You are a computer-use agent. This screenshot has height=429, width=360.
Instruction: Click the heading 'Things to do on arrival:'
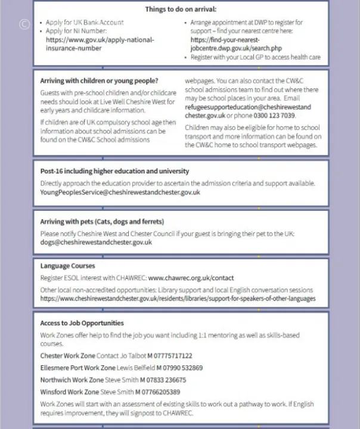pyautogui.click(x=181, y=10)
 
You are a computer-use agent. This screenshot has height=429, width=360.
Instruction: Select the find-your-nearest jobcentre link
pyautogui.click(x=236, y=44)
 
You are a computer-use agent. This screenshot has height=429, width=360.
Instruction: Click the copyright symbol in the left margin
pyautogui.click(x=24, y=24)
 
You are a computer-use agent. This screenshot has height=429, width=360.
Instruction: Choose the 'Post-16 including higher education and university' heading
pyautogui.click(x=114, y=172)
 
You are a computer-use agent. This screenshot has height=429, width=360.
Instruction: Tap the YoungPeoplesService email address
pyautogui.click(x=120, y=192)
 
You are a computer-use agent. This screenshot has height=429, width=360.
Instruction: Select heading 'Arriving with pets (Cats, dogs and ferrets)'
pyautogui.click(x=102, y=222)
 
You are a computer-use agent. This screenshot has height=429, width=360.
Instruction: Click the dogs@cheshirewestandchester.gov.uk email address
pyautogui.click(x=96, y=243)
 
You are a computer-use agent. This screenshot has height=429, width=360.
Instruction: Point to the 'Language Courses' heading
pyautogui.click(x=67, y=266)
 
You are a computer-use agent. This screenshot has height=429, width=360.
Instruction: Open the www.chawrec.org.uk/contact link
pyautogui.click(x=191, y=278)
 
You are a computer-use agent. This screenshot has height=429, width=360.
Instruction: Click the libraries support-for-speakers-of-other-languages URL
pyautogui.click(x=178, y=299)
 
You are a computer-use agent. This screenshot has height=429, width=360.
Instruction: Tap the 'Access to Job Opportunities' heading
pyautogui.click(x=82, y=324)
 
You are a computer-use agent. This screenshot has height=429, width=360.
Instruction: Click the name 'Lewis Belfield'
pyautogui.click(x=136, y=368)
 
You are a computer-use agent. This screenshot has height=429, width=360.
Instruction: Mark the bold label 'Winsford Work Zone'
pyautogui.click(x=69, y=392)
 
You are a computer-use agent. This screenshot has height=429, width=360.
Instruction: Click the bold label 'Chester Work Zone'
pyautogui.click(x=67, y=356)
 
